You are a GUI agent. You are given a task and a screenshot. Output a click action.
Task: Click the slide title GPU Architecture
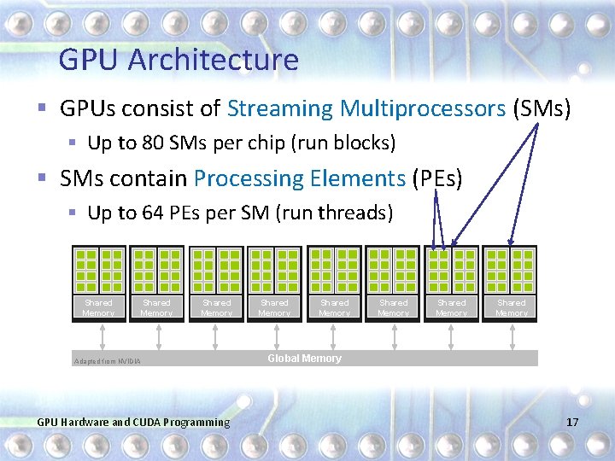click(179, 60)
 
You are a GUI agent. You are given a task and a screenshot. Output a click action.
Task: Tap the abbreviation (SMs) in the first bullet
click(541, 109)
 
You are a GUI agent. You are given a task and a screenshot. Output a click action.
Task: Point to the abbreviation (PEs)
click(436, 178)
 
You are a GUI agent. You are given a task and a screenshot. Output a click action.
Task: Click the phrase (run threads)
click(334, 213)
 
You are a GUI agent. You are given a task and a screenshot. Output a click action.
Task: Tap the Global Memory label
click(304, 359)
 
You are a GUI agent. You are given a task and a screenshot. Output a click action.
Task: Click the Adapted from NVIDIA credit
click(108, 361)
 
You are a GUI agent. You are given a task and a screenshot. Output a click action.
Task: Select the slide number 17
click(571, 422)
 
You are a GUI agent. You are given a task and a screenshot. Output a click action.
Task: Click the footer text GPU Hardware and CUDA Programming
click(133, 422)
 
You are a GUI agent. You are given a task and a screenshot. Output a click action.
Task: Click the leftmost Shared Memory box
click(98, 307)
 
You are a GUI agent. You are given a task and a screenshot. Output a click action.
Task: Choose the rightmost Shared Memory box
click(512, 307)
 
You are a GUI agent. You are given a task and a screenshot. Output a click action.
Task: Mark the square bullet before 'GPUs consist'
click(42, 109)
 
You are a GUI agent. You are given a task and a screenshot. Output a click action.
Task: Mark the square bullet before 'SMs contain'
click(42, 179)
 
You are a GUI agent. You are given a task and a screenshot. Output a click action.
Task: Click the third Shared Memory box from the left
click(216, 307)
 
